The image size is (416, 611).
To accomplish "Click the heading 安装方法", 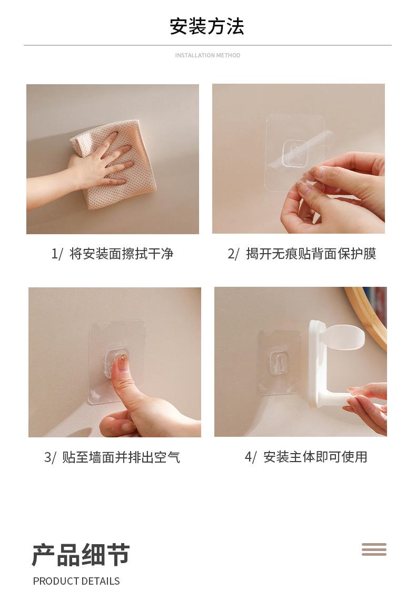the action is point(207,26).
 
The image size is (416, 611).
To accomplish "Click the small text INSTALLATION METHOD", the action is point(207,55).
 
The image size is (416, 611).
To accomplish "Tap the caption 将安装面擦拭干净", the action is point(121,254).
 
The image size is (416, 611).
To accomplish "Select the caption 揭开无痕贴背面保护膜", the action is point(311,254).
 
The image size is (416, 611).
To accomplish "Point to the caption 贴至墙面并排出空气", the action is point(121,457).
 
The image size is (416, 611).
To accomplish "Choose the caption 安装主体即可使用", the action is point(315,457).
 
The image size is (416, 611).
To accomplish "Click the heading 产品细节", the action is point(81,555).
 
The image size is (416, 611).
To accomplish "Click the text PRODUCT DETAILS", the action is point(76,581).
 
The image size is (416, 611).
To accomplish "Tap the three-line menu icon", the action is point(374,549).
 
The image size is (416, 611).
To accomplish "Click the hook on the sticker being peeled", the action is point(295,153).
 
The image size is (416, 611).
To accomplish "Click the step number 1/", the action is point(57,254).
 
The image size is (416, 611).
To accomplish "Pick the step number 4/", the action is point(251,457).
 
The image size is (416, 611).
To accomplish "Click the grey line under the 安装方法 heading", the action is point(207,45).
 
